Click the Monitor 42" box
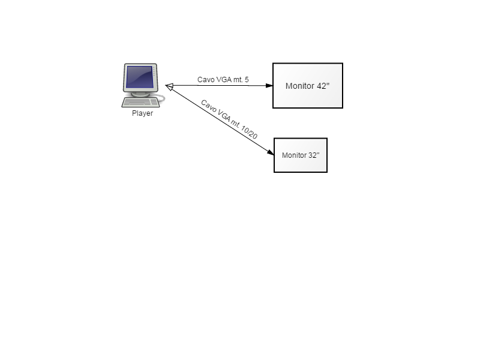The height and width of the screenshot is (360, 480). [308, 85]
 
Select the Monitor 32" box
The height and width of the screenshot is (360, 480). [301, 155]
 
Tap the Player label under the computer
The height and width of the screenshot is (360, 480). [142, 113]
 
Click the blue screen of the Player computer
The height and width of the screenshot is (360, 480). [140, 77]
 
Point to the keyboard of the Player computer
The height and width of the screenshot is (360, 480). [140, 103]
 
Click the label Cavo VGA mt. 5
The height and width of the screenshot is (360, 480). [223, 80]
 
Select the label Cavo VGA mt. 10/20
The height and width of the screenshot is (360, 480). [229, 119]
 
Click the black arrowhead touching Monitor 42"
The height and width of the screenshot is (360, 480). [269, 85]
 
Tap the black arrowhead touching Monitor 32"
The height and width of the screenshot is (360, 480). [271, 152]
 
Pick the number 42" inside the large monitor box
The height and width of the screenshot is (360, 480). [323, 86]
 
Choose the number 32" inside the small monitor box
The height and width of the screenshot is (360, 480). [314, 155]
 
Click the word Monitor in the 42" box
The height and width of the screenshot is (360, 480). [300, 86]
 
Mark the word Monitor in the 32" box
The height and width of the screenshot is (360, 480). [295, 155]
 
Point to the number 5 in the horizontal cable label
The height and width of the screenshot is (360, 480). [247, 80]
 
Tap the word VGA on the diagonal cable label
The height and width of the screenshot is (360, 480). [224, 115]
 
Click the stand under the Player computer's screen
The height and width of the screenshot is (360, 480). [140, 94]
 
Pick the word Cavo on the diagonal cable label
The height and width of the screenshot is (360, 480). [209, 106]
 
